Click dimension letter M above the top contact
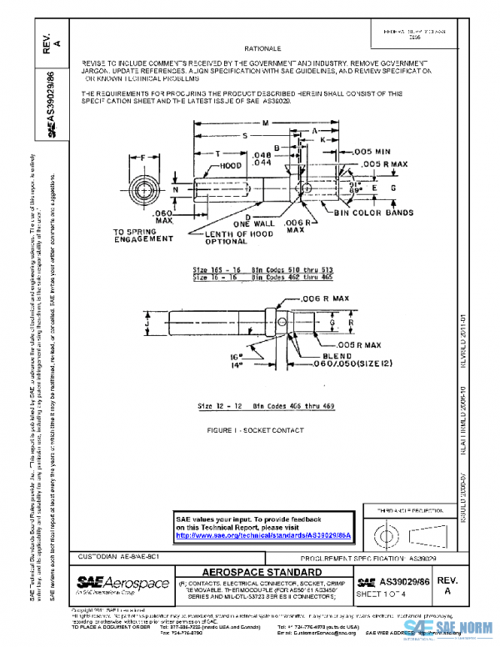coord(265,123)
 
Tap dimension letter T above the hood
coord(217,154)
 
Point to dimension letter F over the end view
coord(144,156)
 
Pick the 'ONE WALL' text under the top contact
coord(252,224)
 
